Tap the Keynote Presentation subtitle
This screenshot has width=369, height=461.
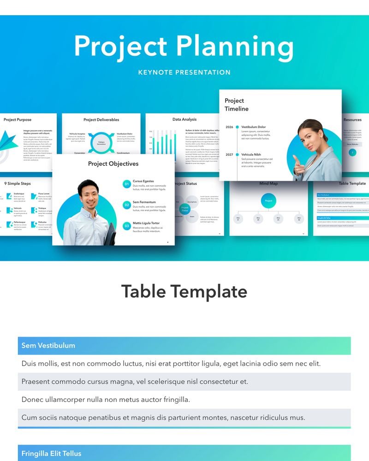coord(184,72)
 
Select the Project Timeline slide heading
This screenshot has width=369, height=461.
coord(236,105)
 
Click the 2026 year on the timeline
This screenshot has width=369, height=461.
coord(229,127)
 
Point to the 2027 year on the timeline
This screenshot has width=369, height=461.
coord(229,154)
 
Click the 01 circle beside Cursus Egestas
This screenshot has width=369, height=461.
coord(127,184)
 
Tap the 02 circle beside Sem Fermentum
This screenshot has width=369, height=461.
coord(127,205)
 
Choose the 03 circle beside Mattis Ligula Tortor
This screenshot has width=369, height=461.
coord(127,226)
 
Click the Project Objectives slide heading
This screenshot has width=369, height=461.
coord(113,164)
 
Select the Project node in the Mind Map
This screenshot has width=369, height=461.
coord(268,201)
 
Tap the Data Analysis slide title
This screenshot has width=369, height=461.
coord(184,119)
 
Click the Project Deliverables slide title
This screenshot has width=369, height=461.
coord(101,120)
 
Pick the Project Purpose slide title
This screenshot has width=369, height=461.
coord(18,120)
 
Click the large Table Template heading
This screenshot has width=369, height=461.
coord(184,292)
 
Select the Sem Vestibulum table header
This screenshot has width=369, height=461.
coord(48,345)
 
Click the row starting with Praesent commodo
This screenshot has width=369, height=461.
coord(135,382)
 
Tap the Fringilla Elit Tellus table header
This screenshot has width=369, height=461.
coord(51,453)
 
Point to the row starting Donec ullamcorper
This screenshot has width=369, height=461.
coord(106,399)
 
